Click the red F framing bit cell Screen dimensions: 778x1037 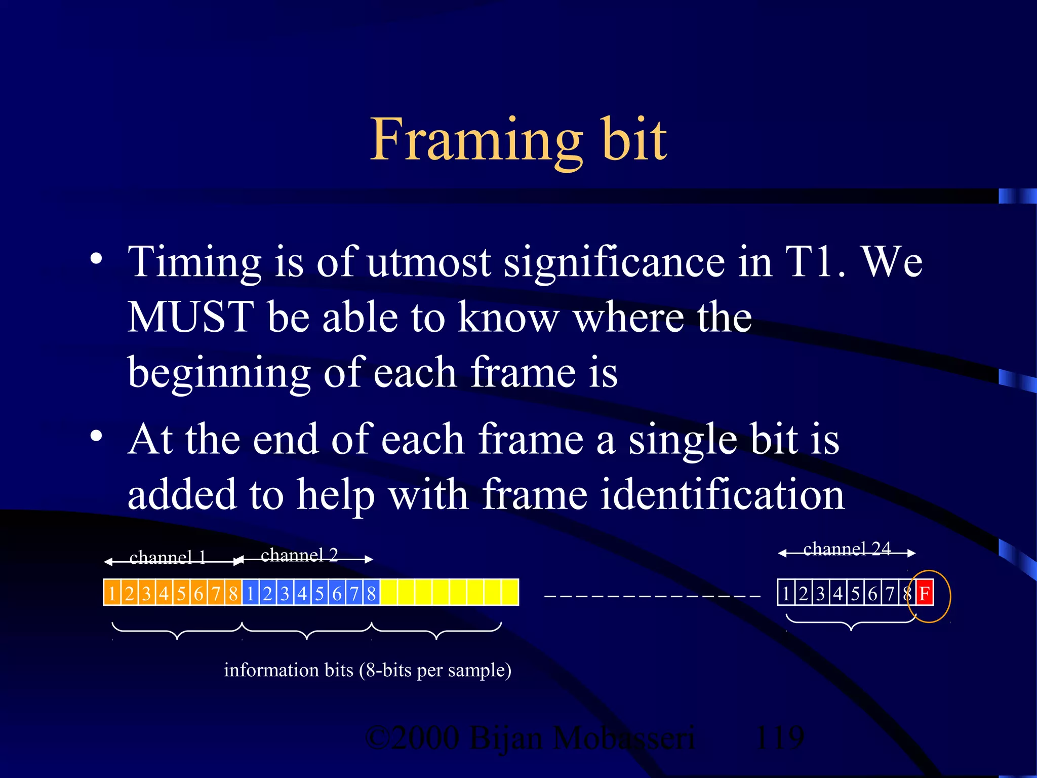pos(925,593)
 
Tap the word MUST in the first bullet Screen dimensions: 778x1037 pos(190,317)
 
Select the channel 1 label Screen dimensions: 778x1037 pos(168,557)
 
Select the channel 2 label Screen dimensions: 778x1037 pos(299,555)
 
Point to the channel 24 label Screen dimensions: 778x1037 pos(847,549)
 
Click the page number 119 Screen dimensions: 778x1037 pos(779,737)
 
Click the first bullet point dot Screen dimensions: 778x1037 pos(96,259)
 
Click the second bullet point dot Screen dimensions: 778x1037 pos(96,436)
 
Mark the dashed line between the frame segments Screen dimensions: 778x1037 pos(652,596)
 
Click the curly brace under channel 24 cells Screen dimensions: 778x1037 pos(851,622)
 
